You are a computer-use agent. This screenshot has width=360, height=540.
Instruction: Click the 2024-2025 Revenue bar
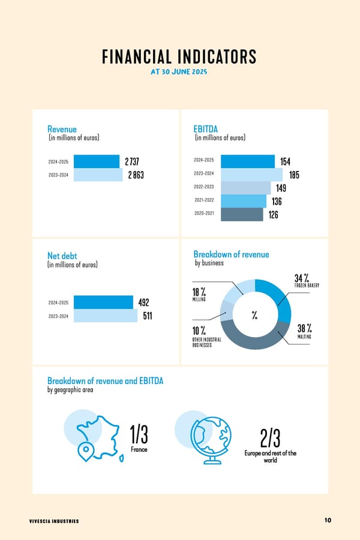(x=96, y=161)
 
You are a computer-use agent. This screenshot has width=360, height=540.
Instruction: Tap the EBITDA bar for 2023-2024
(x=251, y=174)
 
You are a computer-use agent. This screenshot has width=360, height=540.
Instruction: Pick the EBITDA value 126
(x=273, y=215)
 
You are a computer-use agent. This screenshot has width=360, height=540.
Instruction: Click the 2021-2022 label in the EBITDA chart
(x=204, y=200)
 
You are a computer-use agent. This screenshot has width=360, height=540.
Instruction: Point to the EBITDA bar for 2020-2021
(x=242, y=214)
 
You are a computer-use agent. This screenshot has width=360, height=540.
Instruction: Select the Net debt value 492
(x=143, y=302)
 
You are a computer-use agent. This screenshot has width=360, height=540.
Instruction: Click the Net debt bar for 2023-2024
(x=105, y=316)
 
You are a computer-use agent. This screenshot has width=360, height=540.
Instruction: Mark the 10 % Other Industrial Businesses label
(x=206, y=337)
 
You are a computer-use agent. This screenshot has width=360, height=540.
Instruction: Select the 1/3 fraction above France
(x=139, y=433)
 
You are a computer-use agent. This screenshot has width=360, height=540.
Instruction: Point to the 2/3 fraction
(x=271, y=437)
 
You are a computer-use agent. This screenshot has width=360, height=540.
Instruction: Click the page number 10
(x=328, y=520)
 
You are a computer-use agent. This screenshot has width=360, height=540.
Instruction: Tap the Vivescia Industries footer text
(x=54, y=521)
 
